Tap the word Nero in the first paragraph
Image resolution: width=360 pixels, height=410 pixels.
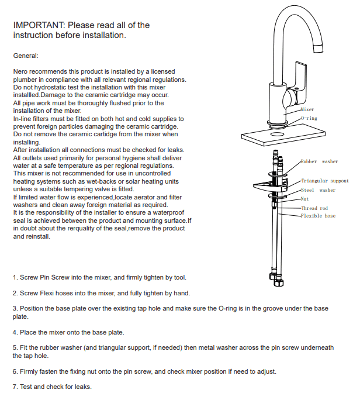[x=20, y=71]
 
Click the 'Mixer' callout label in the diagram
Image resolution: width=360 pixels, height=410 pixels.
[x=307, y=109]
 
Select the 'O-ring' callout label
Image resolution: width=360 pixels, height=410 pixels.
[x=309, y=118]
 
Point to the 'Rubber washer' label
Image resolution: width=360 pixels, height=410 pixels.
[x=319, y=161]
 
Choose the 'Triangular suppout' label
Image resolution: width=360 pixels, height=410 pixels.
[x=324, y=181]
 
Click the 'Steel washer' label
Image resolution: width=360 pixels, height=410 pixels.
[x=318, y=190]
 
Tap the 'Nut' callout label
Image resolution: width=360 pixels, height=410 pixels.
[x=304, y=199]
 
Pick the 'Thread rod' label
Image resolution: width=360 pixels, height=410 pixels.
[x=314, y=208]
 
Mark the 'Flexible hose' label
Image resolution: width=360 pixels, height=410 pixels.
[x=318, y=216]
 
